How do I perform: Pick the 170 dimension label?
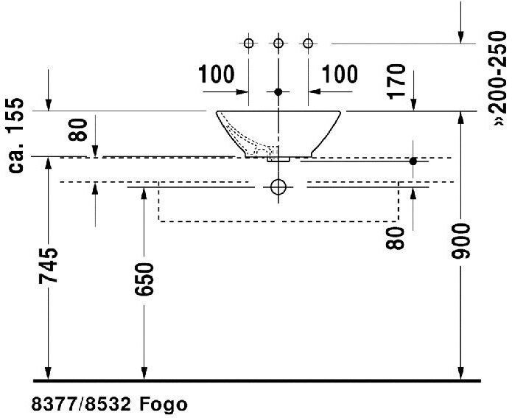(398, 82)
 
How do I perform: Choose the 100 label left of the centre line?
(216, 74)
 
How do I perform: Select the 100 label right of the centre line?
(340, 74)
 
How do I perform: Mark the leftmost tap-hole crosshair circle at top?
(248, 43)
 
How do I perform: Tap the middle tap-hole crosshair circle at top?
(278, 43)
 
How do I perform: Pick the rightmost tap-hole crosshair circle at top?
(308, 43)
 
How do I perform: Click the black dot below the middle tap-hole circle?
(278, 91)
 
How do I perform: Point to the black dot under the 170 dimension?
(413, 161)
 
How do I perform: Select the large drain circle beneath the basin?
(278, 187)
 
